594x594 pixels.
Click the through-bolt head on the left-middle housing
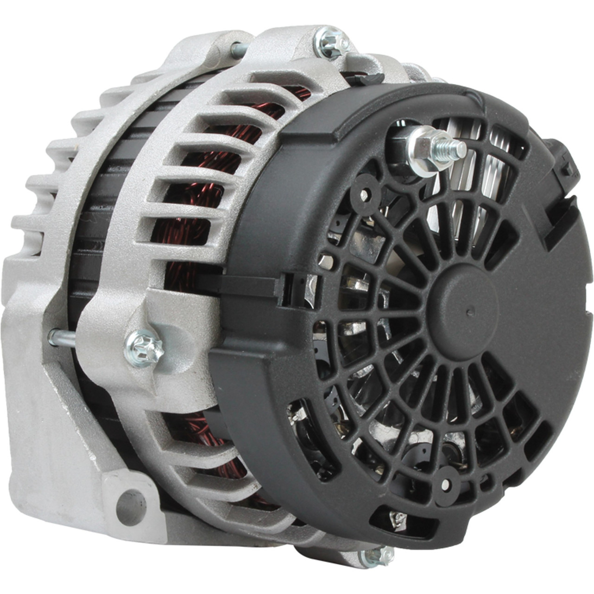pyautogui.click(x=144, y=348)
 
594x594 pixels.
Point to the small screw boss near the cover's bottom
pyautogui.click(x=445, y=485)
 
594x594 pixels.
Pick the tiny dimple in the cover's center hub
pyautogui.click(x=471, y=311)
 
